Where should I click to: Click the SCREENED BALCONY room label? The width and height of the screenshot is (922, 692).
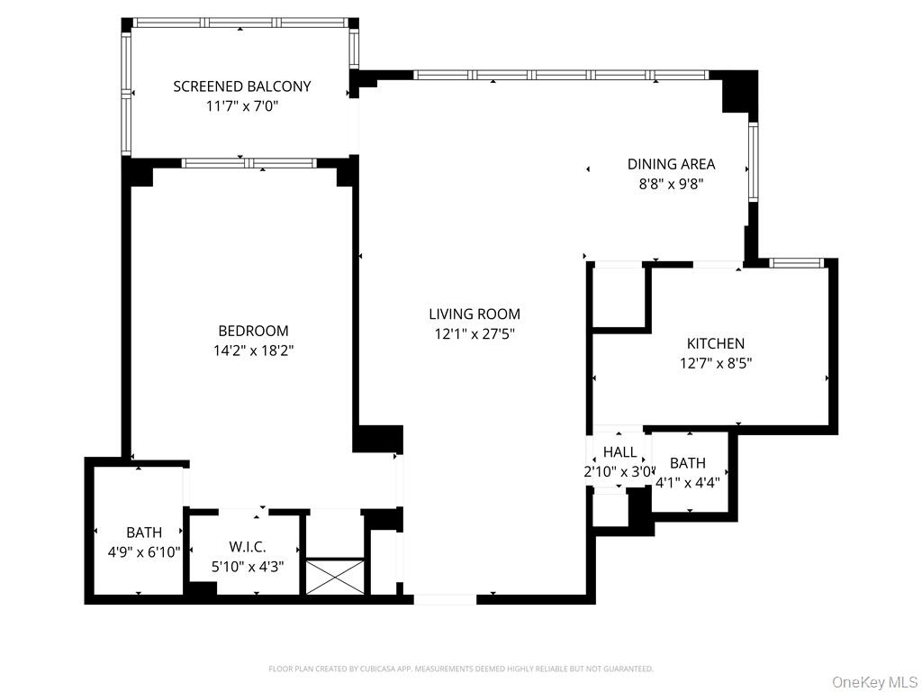pos(241,86)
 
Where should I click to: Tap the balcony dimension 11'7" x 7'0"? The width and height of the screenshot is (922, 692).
pos(241,106)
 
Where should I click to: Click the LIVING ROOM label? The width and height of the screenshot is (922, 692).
pos(474,314)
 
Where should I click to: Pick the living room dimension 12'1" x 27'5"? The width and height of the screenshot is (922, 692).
pos(474,334)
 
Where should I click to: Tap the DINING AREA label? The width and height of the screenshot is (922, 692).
pos(671,164)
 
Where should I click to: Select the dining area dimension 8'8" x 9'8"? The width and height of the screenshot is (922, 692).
pos(671,184)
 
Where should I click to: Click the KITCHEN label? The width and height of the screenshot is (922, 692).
pos(716,343)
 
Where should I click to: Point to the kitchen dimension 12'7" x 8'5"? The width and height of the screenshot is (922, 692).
pos(716,363)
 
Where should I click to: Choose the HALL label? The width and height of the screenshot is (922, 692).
pos(619,452)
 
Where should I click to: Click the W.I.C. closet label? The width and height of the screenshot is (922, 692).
pos(245,548)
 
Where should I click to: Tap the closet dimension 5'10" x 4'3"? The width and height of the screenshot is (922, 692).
pos(245,568)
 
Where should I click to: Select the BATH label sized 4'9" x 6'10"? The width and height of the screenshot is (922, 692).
pos(144,533)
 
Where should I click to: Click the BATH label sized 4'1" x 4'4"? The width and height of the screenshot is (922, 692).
pos(688,463)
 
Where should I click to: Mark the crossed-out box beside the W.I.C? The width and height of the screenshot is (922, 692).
pos(335,576)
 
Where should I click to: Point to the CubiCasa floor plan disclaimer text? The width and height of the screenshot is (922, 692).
pos(461,669)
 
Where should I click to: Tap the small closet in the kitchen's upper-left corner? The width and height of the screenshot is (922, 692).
pos(619,296)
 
